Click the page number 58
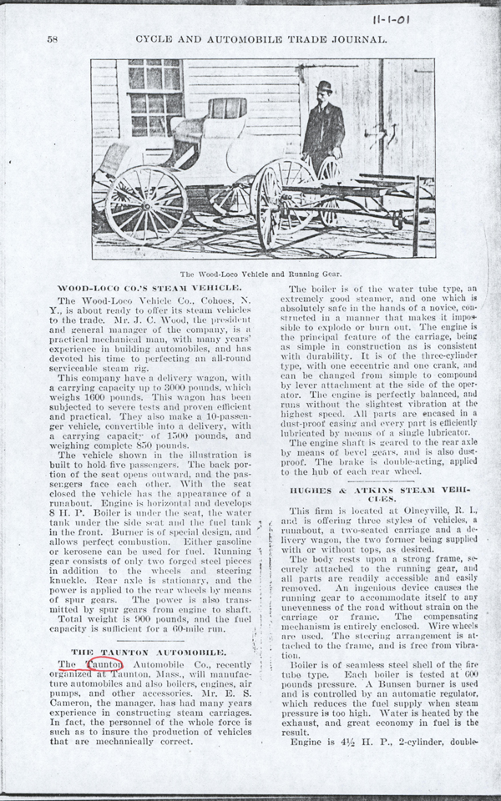pos(52,39)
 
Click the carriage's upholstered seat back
pos(226,108)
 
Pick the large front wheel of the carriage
pos(146,204)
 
